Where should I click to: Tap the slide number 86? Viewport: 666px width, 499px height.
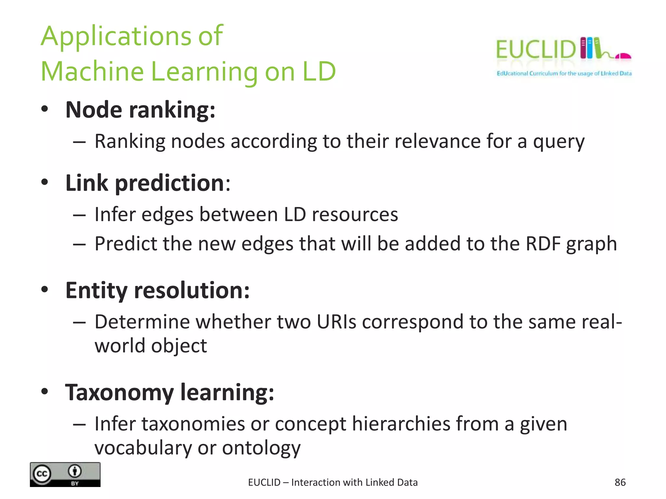pos(620,482)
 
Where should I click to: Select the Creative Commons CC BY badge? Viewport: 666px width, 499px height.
pos(65,475)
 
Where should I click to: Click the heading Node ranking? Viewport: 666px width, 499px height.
pos(140,110)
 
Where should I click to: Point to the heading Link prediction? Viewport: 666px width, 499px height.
pos(145,183)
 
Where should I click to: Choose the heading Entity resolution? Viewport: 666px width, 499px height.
pos(157,290)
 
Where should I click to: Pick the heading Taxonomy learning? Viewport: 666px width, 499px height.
pos(169,392)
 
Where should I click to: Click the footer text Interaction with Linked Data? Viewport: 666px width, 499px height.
pos(354,482)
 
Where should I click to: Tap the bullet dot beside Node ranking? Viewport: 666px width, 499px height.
pos(45,109)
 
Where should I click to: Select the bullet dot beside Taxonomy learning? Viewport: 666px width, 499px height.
pos(45,392)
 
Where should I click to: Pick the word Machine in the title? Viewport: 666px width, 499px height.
pos(92,72)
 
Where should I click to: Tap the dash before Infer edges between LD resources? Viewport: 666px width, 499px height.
pos(79,215)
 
